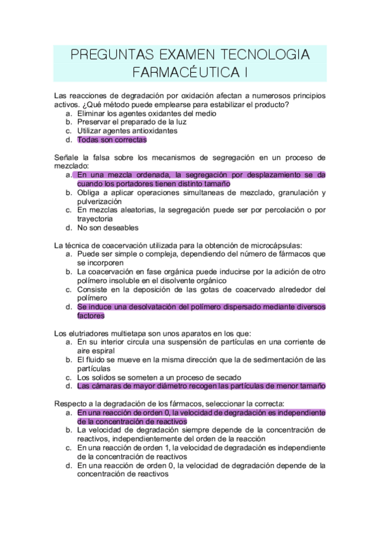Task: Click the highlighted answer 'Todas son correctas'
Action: (x=112, y=140)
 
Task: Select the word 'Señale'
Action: (x=67, y=157)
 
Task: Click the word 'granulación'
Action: (x=291, y=192)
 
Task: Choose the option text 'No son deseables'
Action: (x=108, y=227)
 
